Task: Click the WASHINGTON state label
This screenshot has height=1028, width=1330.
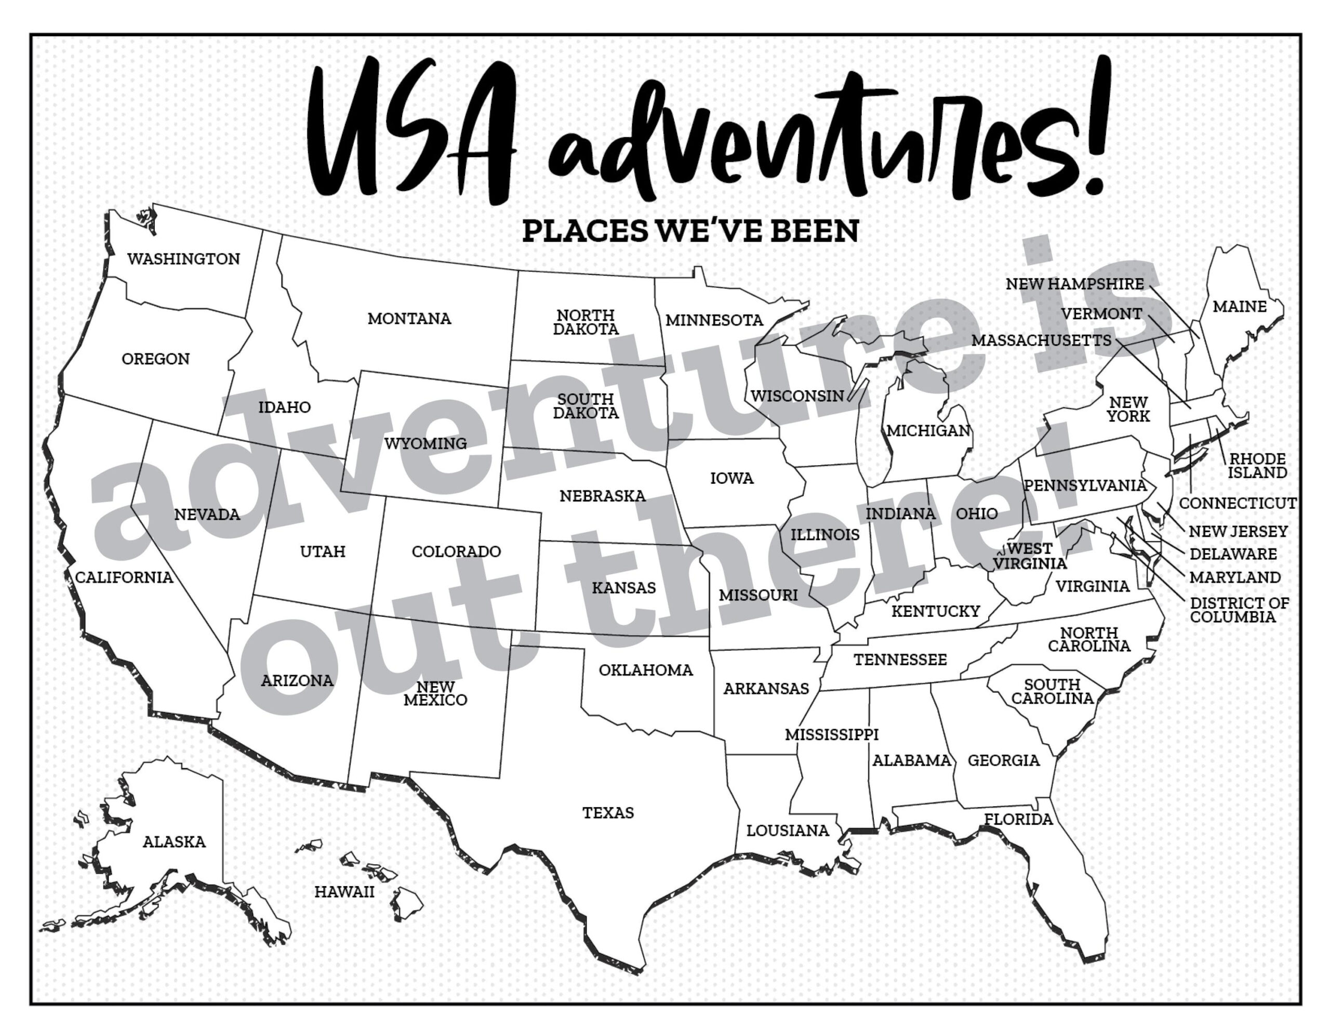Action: [x=183, y=259]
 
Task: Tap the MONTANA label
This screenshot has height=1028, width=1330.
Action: [x=409, y=319]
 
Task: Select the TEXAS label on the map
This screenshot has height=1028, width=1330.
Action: [x=608, y=813]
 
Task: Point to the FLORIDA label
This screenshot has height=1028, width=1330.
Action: [x=1018, y=820]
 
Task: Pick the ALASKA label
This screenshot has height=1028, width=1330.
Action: [x=174, y=842]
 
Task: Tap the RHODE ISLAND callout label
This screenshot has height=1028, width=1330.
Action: [x=1257, y=466]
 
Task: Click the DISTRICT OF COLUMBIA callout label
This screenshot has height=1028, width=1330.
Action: [x=1239, y=610]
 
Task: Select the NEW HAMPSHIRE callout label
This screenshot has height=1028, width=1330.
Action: [x=1074, y=284]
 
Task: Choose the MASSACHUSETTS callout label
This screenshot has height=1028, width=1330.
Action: [x=1041, y=340]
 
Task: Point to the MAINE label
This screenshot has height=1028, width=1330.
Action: [x=1239, y=307]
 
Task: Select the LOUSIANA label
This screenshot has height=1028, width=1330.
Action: [x=788, y=831]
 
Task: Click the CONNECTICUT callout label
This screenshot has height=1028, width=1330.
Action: [x=1238, y=503]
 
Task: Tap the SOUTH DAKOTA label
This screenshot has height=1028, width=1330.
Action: [x=585, y=406]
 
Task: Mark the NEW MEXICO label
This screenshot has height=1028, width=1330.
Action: [x=435, y=693]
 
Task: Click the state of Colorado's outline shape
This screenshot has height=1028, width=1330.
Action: [x=457, y=585]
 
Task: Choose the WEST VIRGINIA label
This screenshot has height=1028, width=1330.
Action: [x=1030, y=556]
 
